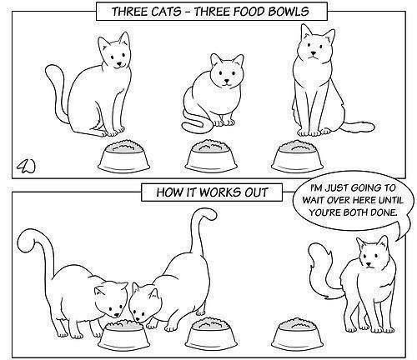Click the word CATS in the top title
[x=166, y=12]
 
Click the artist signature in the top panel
[x=27, y=166]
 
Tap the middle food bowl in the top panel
[x=211, y=156]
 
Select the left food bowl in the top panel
[x=124, y=156]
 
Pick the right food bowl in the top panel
[x=298, y=156]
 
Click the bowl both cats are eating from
[x=124, y=336]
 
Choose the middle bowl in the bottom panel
[x=211, y=336]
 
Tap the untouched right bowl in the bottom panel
[x=297, y=336]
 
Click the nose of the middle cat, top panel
[x=227, y=82]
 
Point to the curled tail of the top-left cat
[x=57, y=92]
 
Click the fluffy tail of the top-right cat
[x=359, y=127]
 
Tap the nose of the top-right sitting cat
[x=314, y=52]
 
